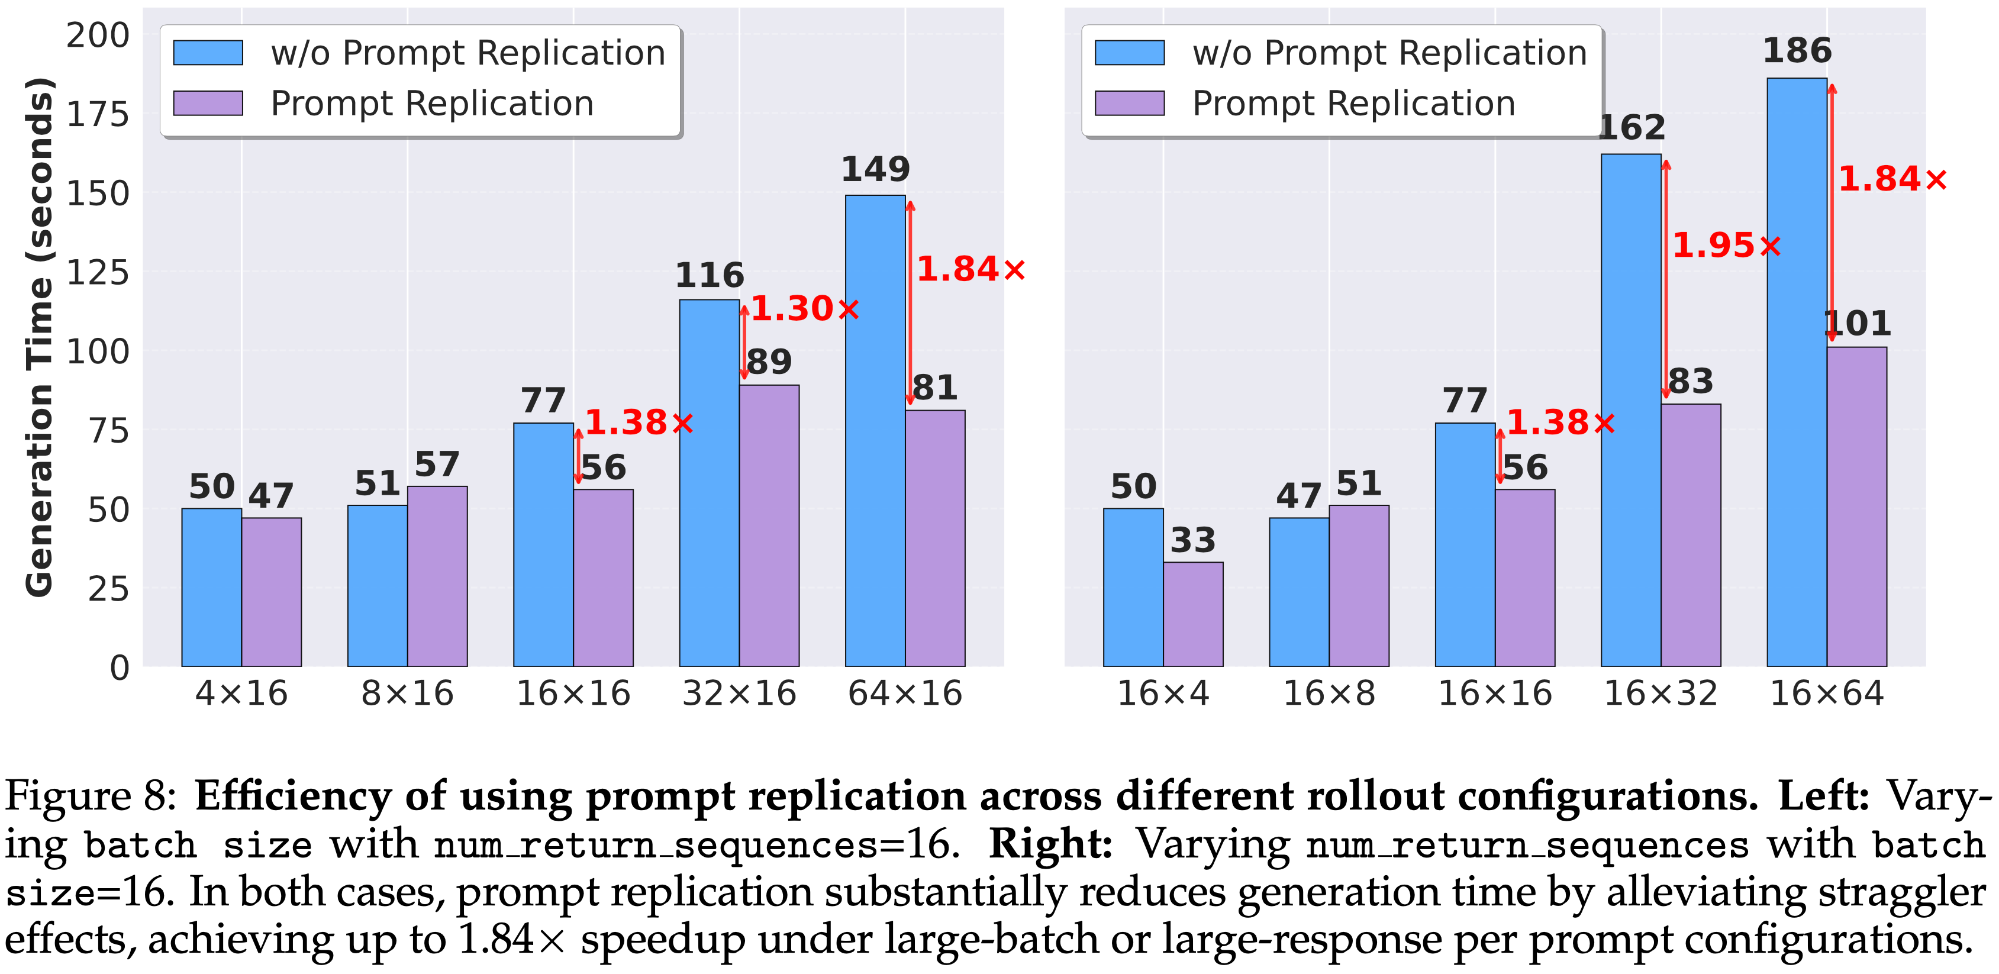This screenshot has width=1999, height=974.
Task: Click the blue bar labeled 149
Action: coord(875,431)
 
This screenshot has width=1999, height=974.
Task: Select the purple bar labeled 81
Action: coord(935,538)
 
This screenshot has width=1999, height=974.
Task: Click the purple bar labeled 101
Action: coord(1857,507)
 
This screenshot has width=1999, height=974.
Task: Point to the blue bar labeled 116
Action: coord(710,483)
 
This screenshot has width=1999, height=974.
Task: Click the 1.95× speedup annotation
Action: coord(1726,245)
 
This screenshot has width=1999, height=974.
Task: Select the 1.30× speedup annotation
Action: coord(805,309)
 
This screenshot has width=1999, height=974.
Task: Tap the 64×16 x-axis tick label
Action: coord(905,693)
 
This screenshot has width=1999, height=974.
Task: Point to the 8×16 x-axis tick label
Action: coord(407,693)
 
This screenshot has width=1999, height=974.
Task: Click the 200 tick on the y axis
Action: coord(98,36)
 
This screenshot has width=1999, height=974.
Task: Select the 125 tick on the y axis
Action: coord(98,272)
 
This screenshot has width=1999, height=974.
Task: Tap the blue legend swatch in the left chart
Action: coord(208,53)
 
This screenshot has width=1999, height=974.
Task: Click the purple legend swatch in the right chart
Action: coord(1130,103)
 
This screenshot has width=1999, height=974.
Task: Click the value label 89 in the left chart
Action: coord(769,362)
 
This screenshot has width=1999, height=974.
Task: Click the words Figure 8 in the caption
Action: coord(92,797)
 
